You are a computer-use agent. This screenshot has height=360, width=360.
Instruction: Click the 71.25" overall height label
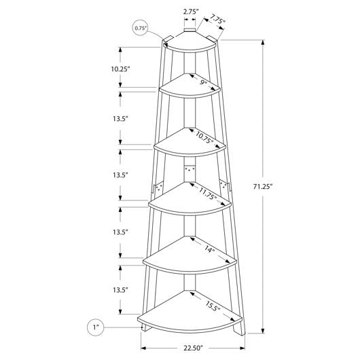[x=262, y=187]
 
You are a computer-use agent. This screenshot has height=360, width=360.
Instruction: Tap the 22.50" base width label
[x=194, y=348]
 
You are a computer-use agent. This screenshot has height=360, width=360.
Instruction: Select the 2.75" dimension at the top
[x=191, y=12]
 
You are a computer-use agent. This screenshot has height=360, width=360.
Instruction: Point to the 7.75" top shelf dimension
[x=217, y=20]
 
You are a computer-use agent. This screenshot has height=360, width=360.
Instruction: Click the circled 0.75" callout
[x=141, y=29]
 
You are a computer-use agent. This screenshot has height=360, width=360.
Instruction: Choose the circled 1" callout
[x=96, y=327]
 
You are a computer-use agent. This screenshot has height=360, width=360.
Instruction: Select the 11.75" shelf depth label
[x=208, y=194]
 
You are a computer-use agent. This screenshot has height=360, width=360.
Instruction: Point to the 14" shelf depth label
[x=210, y=249]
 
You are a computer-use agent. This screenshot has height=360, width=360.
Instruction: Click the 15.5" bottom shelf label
[x=213, y=306]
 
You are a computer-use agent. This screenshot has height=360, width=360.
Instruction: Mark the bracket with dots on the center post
[x=190, y=169]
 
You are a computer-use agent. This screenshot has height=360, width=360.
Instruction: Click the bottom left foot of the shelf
[x=146, y=327]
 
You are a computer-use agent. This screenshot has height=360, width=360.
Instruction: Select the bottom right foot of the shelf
[x=239, y=329]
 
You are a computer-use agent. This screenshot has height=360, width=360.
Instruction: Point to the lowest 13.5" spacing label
[x=120, y=290]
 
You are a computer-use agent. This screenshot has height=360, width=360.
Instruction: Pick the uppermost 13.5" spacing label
[x=120, y=119]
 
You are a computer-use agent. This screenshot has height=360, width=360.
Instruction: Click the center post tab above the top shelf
[x=190, y=31]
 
